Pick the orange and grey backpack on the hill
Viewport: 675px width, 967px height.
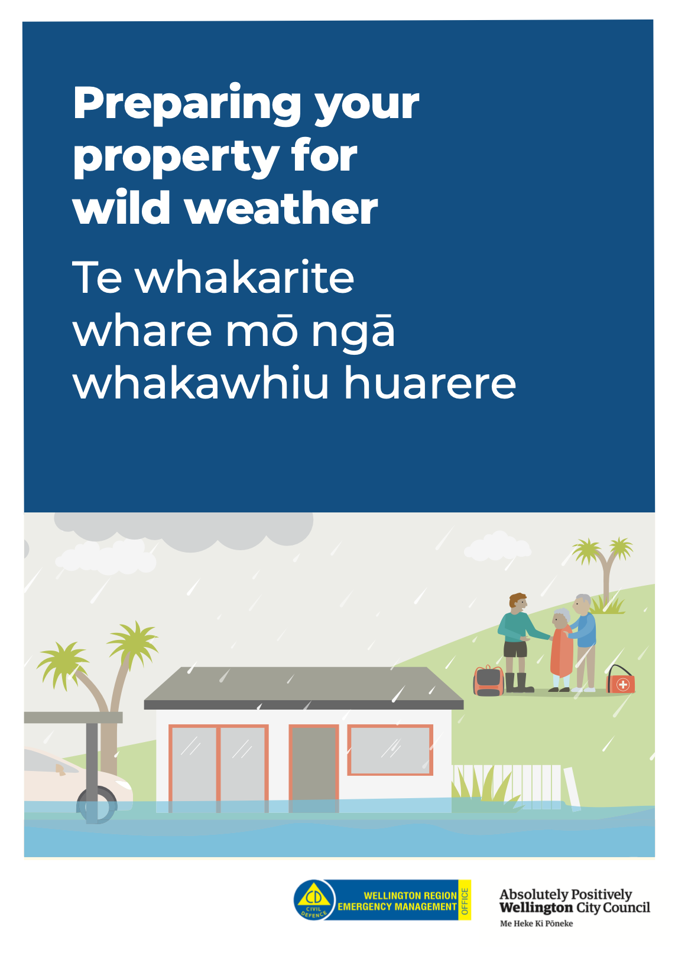coord(489,681)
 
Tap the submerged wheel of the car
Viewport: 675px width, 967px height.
coord(97,805)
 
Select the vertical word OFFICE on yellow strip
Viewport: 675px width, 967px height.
coord(465,900)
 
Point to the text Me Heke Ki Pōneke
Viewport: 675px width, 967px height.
coord(536,923)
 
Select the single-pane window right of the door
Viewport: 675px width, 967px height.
coord(390,750)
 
